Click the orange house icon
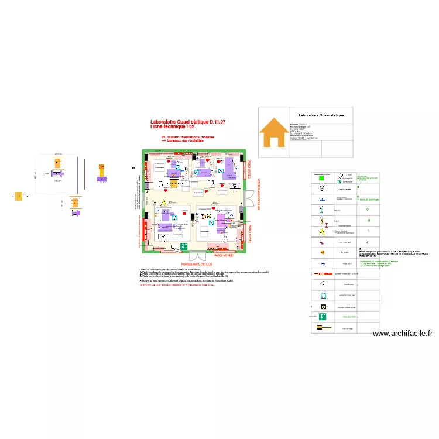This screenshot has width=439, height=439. point(274,132)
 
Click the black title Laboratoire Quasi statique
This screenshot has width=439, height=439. point(321,115)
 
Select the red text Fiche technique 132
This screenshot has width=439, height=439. point(172,127)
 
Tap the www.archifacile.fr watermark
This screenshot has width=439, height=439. point(402,334)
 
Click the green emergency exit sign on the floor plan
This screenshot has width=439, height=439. point(184,247)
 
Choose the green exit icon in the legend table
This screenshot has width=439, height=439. point(323,317)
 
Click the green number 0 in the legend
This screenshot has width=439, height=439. point(368,210)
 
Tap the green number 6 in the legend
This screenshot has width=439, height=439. point(369,221)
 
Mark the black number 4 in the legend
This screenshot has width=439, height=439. point(367,242)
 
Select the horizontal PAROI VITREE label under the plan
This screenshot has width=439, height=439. point(224,256)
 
